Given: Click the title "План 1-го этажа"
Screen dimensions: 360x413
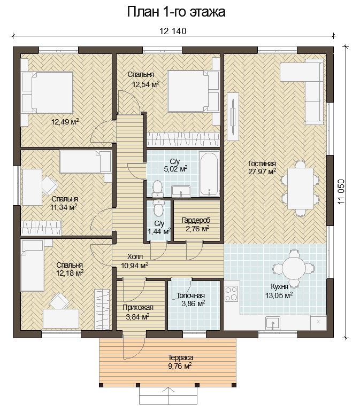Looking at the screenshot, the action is coord(176,12).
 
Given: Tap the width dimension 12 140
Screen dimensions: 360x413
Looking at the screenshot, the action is coord(173,31).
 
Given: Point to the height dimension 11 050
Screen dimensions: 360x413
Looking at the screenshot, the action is coord(341,192).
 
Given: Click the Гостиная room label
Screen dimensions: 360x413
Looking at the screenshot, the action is coord(262,164).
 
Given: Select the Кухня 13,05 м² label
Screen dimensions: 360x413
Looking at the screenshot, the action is coord(279,291).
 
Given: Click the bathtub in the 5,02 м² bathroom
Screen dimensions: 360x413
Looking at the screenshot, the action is coord(209,174).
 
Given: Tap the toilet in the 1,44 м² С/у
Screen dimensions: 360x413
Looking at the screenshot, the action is coord(158,207).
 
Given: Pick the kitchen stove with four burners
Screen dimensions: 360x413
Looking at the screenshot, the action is coord(231,294).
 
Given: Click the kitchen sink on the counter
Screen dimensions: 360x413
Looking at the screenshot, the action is coord(273,323).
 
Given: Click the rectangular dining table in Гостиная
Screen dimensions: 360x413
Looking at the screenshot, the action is coord(300,189).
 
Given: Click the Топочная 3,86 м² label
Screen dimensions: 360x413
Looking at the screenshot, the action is coord(190,300).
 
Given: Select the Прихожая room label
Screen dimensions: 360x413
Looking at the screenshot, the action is coord(138,308).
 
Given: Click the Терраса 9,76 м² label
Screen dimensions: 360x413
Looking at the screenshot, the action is coord(180,362).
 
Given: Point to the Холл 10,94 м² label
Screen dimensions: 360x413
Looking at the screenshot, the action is coord(135,261).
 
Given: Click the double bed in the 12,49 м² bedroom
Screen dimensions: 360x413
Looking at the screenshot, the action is coord(47,92).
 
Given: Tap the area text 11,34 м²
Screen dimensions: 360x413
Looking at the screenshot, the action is coord(64,207).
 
